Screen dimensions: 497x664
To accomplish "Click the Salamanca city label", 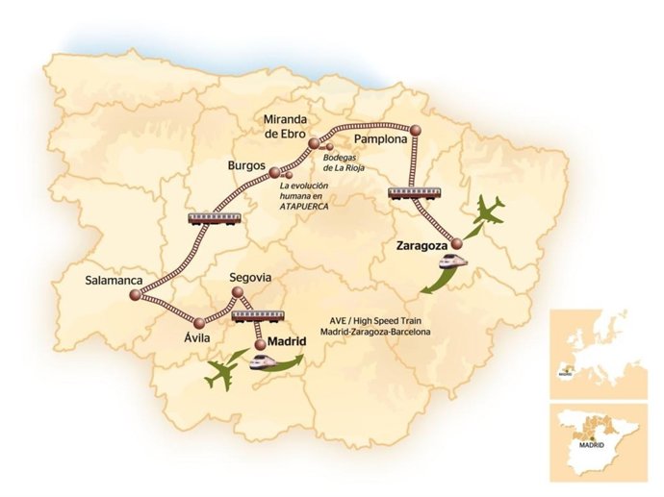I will coord(114,281).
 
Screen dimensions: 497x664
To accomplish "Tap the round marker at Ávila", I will coord(199,322).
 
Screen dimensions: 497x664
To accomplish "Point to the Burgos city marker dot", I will coord(274,173).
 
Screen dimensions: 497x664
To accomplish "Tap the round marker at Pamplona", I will coord(416,129).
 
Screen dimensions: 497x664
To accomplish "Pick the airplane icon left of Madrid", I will coord(224,369).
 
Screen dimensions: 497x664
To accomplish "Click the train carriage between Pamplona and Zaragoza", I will coord(416,192).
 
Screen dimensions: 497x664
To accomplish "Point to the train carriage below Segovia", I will coord(256,315).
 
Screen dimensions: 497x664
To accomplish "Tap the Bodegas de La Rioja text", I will coord(354,162).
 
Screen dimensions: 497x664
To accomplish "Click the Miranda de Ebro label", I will coord(286,126).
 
